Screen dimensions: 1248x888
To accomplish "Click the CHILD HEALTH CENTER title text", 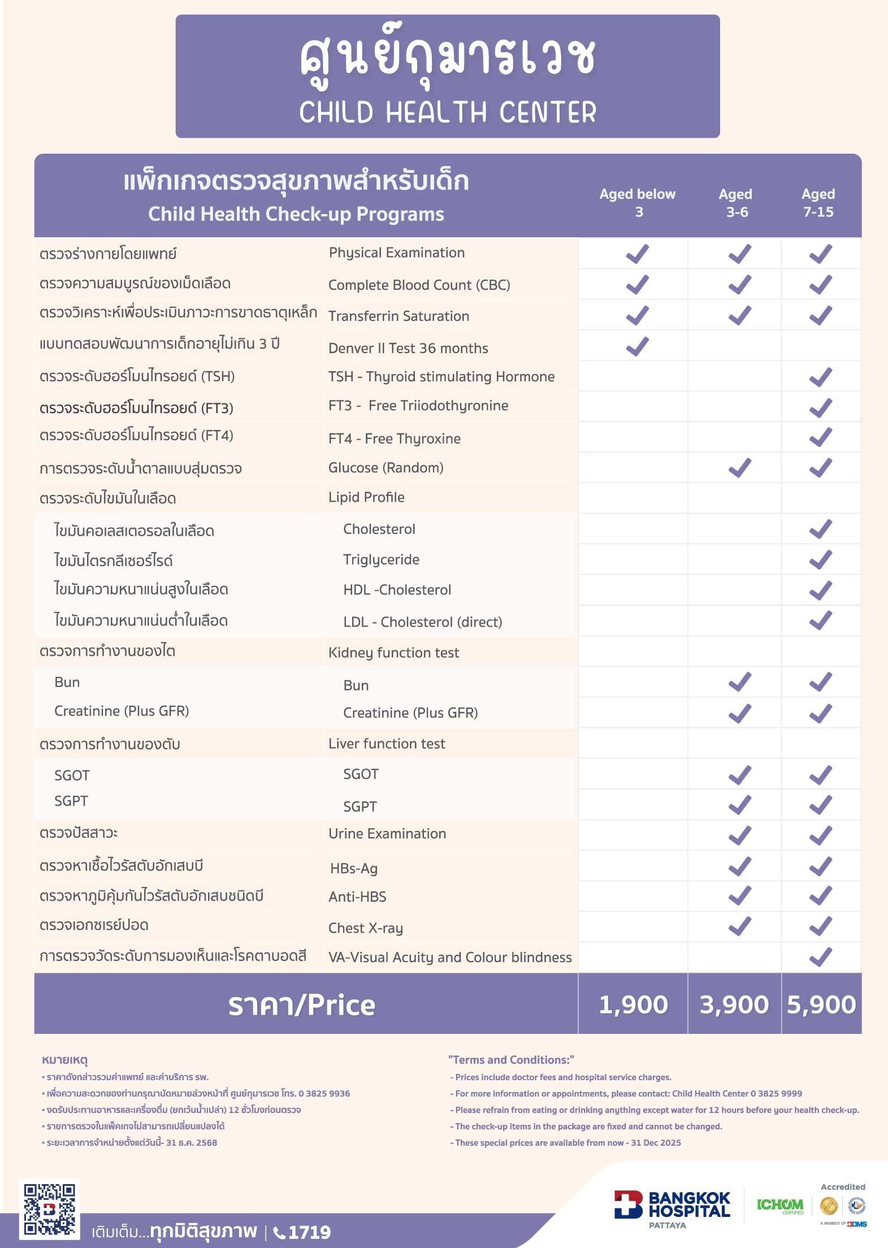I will tap(448, 112).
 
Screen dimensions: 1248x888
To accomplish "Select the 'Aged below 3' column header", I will tap(638, 203).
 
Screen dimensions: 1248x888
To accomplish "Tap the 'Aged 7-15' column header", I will tap(818, 203).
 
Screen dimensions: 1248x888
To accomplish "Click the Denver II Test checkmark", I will tap(638, 346).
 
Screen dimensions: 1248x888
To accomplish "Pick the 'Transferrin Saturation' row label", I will tap(398, 316).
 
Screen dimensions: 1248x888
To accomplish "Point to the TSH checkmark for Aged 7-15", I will tap(820, 377).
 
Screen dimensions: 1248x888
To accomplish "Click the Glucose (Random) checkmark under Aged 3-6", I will tap(739, 468).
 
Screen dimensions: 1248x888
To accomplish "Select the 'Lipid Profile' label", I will tap(366, 497).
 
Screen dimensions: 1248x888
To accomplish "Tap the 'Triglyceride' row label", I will tap(381, 559).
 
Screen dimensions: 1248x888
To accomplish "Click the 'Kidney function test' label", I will tap(393, 653).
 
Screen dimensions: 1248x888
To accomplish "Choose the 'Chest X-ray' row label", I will tap(365, 928).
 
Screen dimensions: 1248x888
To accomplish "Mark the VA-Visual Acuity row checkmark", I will tap(820, 957).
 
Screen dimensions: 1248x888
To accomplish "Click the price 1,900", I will tap(633, 1005).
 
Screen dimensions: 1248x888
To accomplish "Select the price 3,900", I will tap(734, 1005).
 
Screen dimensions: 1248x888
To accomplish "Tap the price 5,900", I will tap(821, 1005).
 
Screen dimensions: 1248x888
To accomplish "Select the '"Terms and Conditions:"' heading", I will tap(511, 1060).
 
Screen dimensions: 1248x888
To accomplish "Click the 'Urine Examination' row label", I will tap(387, 833).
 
